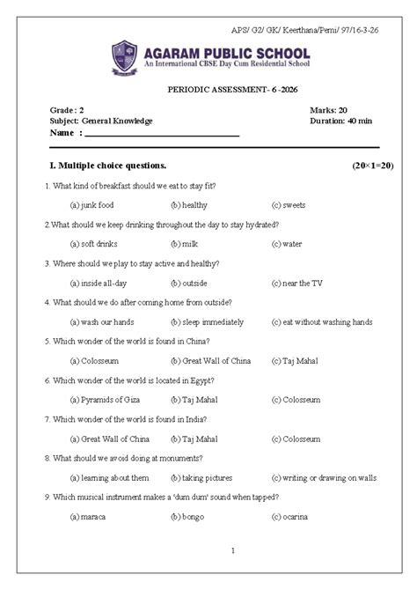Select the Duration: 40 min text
[x=339, y=121]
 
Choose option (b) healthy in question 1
[x=189, y=205]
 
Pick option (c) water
[x=287, y=244]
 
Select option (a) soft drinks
[x=94, y=244]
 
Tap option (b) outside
[x=189, y=283]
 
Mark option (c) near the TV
[x=297, y=283]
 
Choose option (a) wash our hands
[x=101, y=321]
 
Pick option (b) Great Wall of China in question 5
[x=210, y=360]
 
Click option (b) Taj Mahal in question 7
[x=194, y=438]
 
